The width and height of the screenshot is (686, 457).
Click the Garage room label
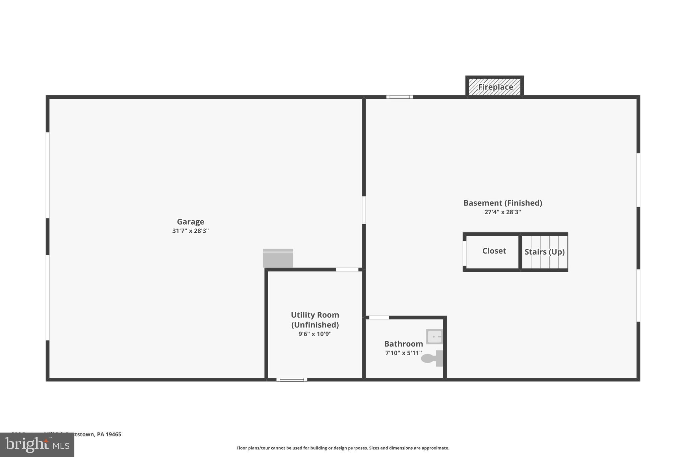coord(190,222)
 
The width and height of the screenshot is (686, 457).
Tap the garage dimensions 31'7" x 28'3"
coord(190,231)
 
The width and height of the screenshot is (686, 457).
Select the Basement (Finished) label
coord(502,203)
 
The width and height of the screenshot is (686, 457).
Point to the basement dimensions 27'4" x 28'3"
coord(502,212)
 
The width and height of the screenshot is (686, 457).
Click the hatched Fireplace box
coord(495,87)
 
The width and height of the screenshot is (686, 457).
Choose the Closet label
coord(494,251)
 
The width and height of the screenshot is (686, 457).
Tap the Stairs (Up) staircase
coord(544,252)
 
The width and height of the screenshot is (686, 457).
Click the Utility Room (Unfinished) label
coord(315,320)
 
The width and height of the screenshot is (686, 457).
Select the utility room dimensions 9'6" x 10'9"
coord(315,334)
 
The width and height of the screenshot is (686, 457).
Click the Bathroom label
coord(403,344)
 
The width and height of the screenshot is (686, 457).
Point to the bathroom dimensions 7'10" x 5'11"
coord(403,353)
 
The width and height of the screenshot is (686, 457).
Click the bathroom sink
coord(434,336)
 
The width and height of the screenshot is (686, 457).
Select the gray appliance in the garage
coord(278,258)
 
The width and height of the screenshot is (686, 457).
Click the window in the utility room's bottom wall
coord(292,379)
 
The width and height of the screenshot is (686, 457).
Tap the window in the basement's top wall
coord(399,97)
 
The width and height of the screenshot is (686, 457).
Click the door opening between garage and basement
coord(364,210)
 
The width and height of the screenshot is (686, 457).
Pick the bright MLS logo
coord(37,445)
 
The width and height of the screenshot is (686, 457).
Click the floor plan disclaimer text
coord(343,448)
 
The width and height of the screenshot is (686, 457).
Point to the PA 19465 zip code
coord(109,434)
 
